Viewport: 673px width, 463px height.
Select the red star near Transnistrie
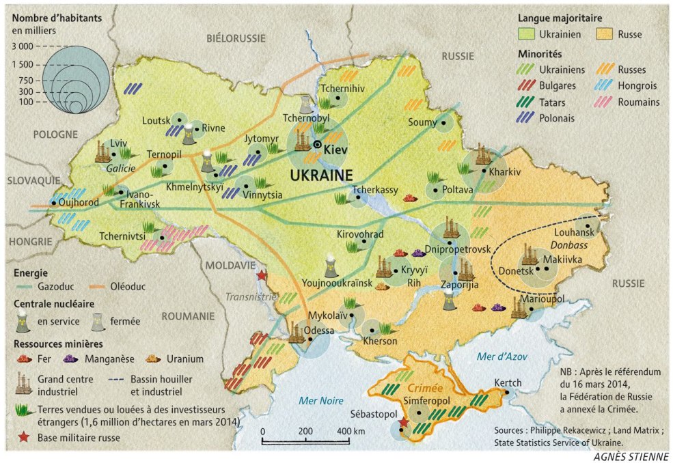pos(261,275)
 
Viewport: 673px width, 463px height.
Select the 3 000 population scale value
pos(21,46)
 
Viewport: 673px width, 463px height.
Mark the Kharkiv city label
pos(505,173)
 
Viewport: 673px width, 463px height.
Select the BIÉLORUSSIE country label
pos(236,40)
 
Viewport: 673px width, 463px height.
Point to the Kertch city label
pos(506,383)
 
